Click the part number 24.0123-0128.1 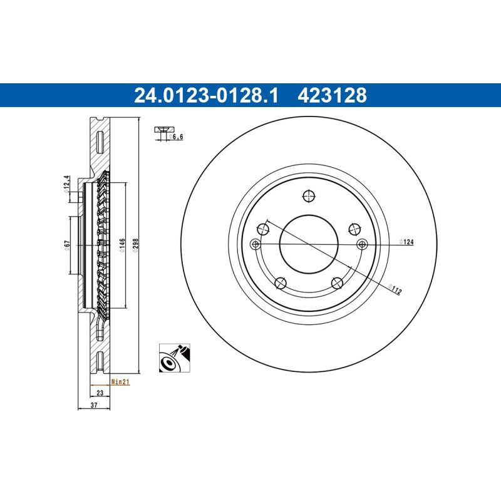point(207,96)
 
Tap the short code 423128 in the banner point(333,96)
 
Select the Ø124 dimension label point(406,242)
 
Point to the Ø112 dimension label point(395,289)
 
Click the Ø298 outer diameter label point(135,245)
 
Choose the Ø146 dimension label point(122,245)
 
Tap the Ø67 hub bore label point(67,245)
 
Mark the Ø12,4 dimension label point(66,184)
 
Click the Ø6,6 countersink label point(176,137)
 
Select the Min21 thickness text point(120,381)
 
